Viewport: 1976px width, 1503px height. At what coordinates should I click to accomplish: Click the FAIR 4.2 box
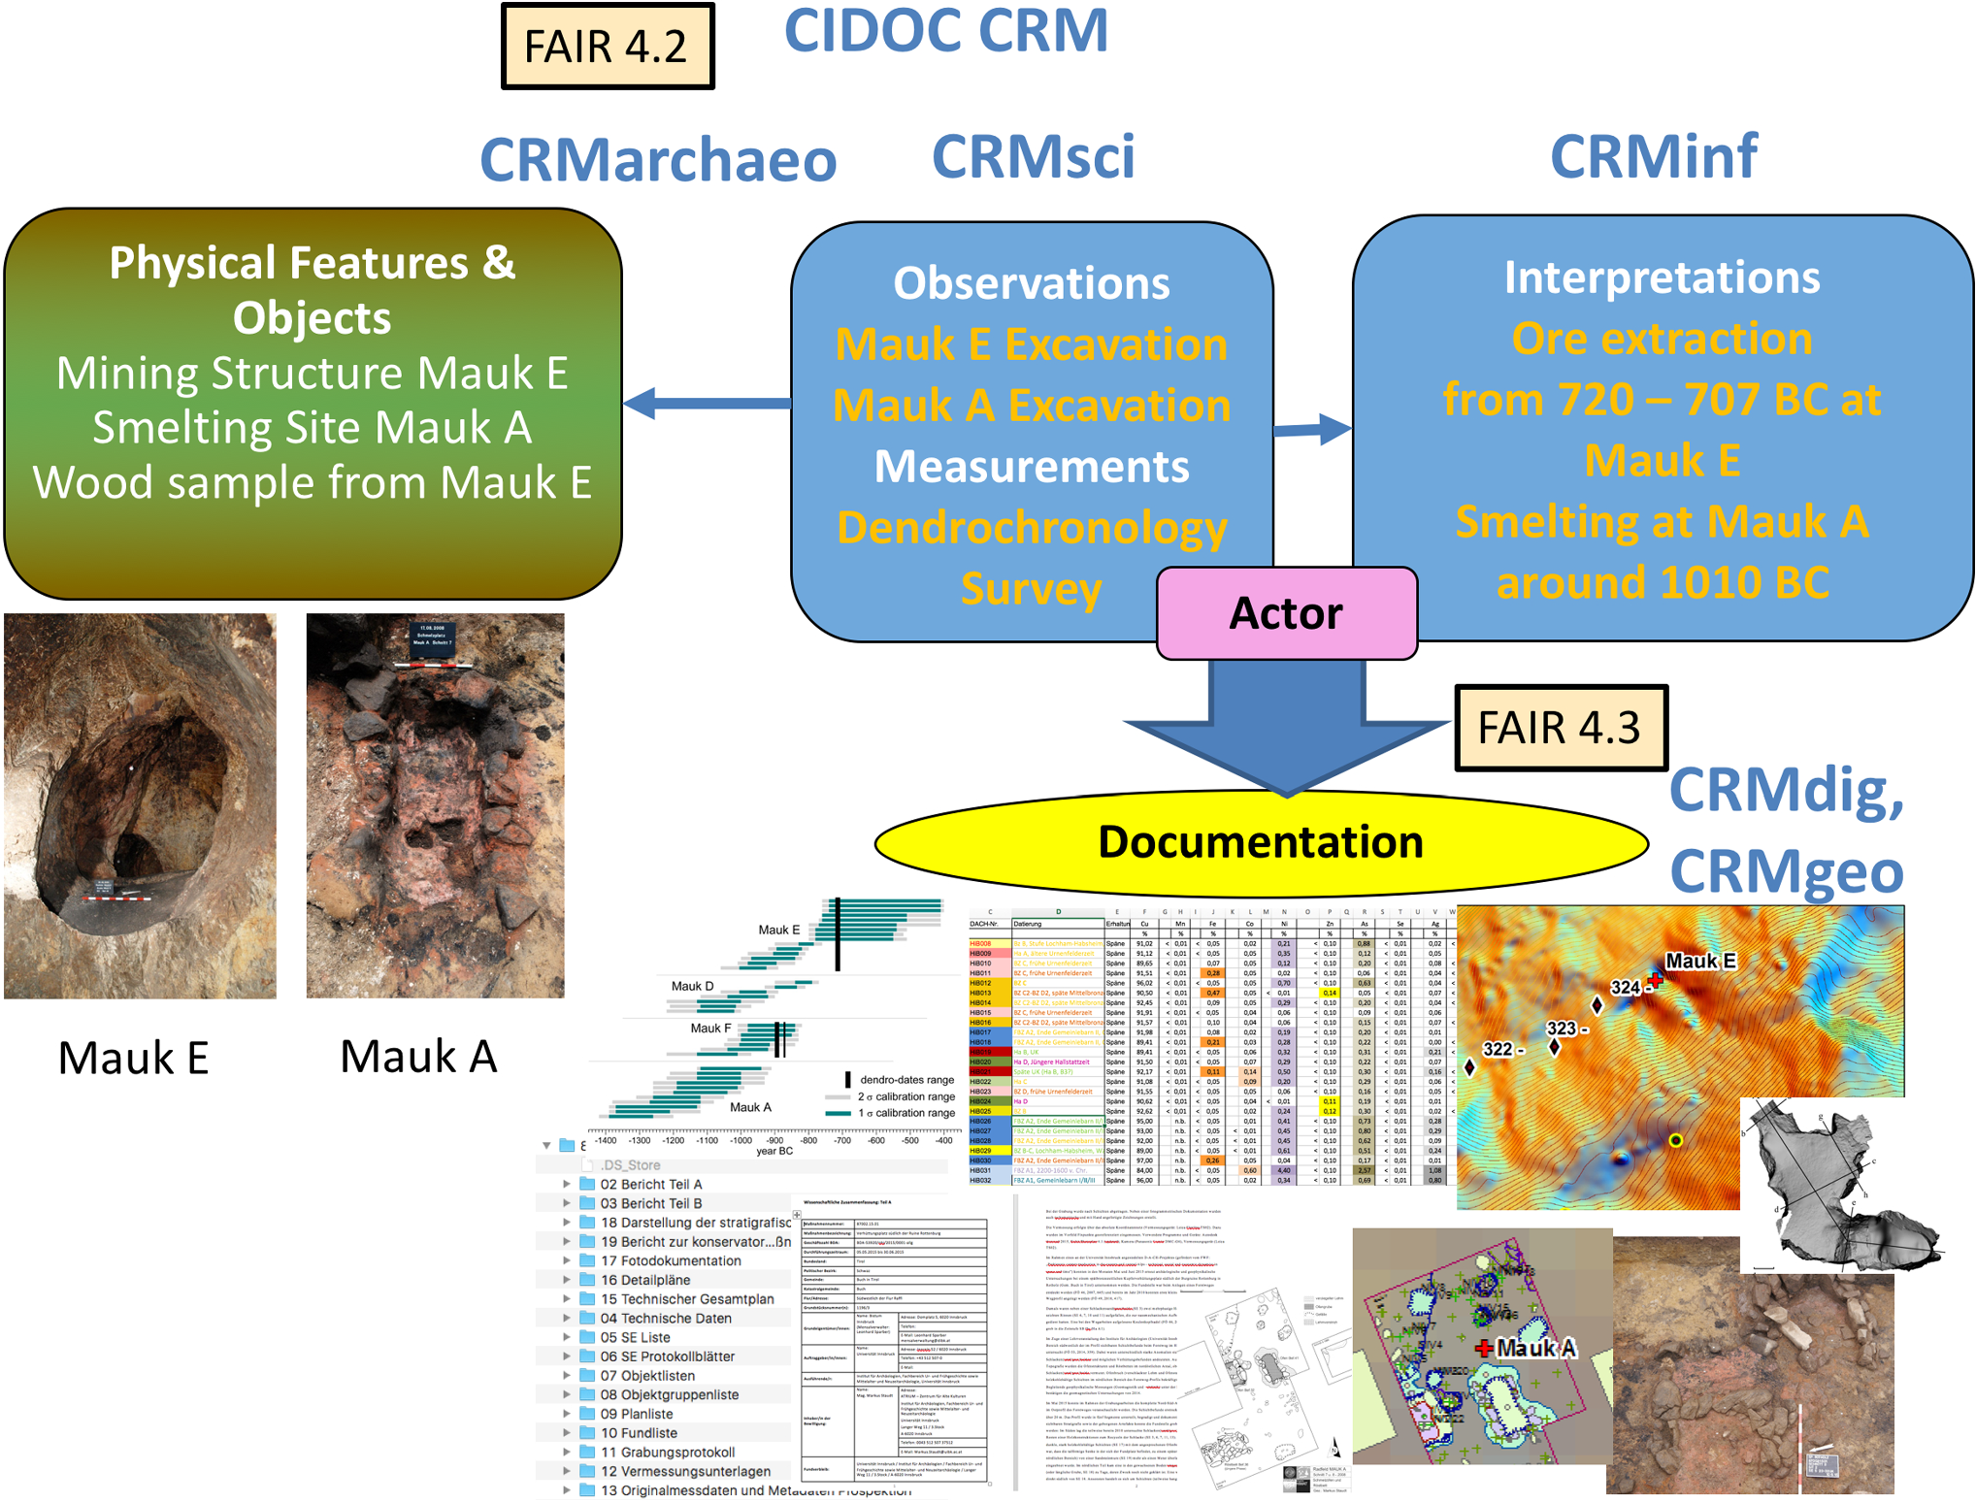(608, 47)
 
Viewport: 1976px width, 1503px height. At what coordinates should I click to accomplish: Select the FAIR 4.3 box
(1560, 728)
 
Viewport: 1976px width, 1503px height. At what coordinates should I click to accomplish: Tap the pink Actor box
(1286, 613)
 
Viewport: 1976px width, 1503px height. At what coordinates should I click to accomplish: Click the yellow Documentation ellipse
(1261, 841)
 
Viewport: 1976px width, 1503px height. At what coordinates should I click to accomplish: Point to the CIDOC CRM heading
(945, 31)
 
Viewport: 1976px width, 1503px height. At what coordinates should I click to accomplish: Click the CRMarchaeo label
(658, 160)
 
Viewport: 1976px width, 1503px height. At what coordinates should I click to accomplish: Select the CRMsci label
(1033, 157)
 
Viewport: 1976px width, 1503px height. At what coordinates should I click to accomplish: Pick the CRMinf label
(1653, 157)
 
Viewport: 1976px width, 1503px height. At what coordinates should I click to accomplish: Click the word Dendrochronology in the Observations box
(1032, 528)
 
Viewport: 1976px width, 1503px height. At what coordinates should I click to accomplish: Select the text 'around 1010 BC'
(1663, 582)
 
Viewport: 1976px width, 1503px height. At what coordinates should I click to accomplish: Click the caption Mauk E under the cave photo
(134, 1058)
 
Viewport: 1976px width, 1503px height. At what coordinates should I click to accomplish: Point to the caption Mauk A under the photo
(418, 1056)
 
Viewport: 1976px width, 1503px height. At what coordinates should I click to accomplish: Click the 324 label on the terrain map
(1625, 988)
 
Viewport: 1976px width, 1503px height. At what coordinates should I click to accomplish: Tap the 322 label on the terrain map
(1498, 1049)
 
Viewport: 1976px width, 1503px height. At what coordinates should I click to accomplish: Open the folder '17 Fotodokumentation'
(671, 1260)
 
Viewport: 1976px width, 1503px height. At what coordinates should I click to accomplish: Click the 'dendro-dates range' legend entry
(906, 1079)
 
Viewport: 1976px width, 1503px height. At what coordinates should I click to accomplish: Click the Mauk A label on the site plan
(1535, 1348)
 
